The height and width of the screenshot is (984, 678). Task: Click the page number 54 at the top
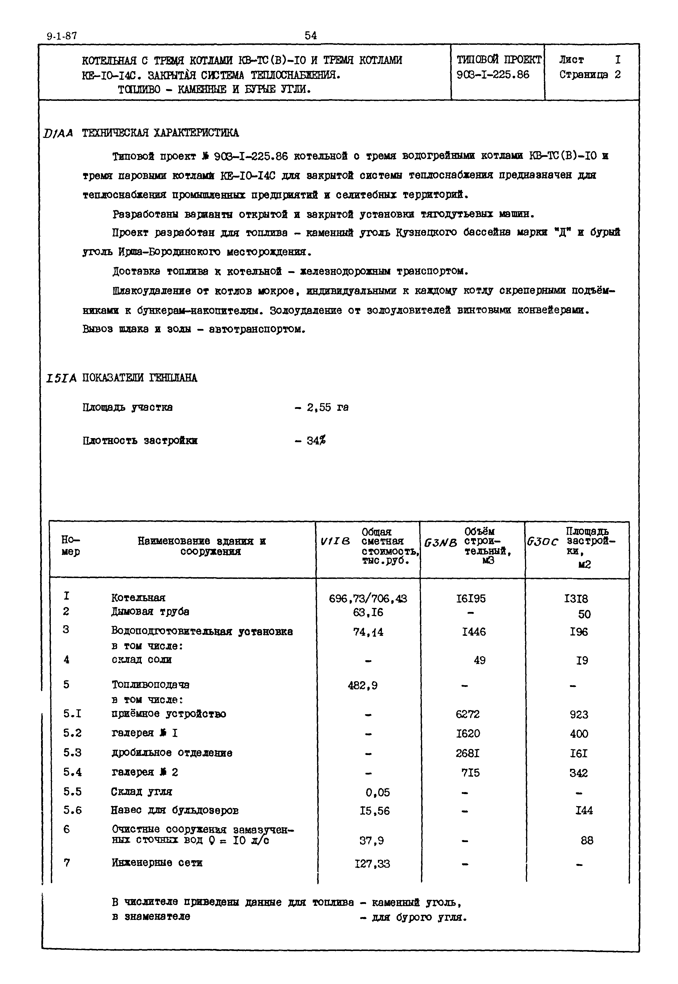(x=310, y=36)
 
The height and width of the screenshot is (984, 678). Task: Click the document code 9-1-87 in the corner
(x=62, y=36)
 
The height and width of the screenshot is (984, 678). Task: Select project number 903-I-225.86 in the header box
(x=493, y=75)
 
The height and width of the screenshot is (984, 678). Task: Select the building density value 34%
(x=316, y=440)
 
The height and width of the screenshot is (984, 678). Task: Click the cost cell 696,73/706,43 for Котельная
(x=368, y=598)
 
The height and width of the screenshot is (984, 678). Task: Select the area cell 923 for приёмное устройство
(x=579, y=715)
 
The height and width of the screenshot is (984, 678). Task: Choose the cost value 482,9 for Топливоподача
(x=362, y=685)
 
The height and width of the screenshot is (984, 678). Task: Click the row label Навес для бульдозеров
(x=174, y=810)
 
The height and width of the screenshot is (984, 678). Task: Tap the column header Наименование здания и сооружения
(x=202, y=546)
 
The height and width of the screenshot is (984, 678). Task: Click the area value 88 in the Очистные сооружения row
(x=587, y=840)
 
